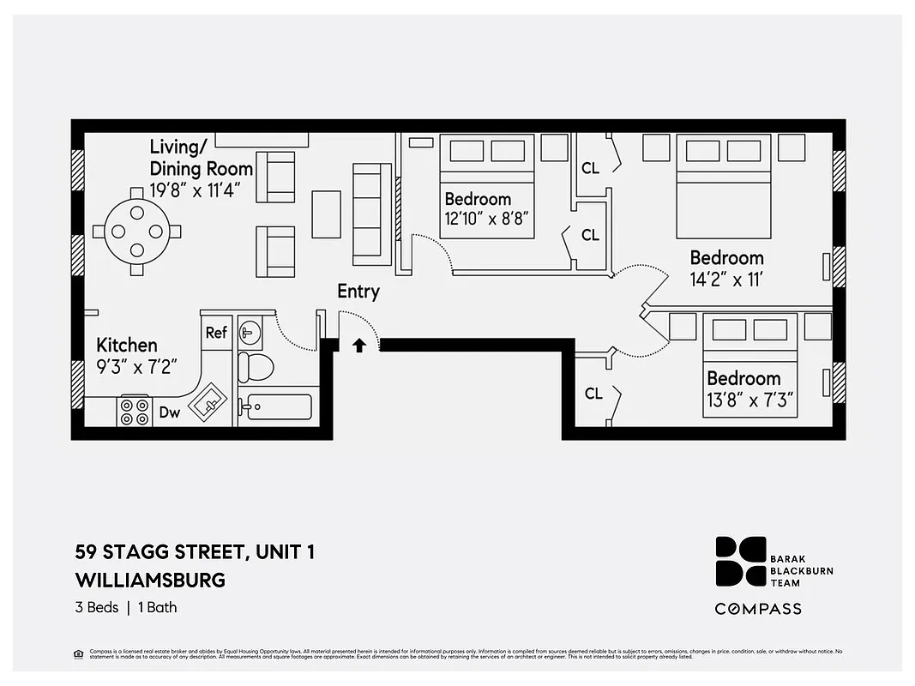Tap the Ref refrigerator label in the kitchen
coord(216,332)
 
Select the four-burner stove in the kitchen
coord(135,412)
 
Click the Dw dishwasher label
coord(170,413)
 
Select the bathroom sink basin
coord(250,330)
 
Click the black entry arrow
coord(359,345)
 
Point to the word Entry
coord(358,292)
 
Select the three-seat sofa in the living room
coord(371,214)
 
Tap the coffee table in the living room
coord(326,214)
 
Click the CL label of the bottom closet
coord(593,394)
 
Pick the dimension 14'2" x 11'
coord(726,280)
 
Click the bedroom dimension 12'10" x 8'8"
coord(490,220)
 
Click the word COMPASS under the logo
coord(758,609)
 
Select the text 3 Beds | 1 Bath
coord(126,607)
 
